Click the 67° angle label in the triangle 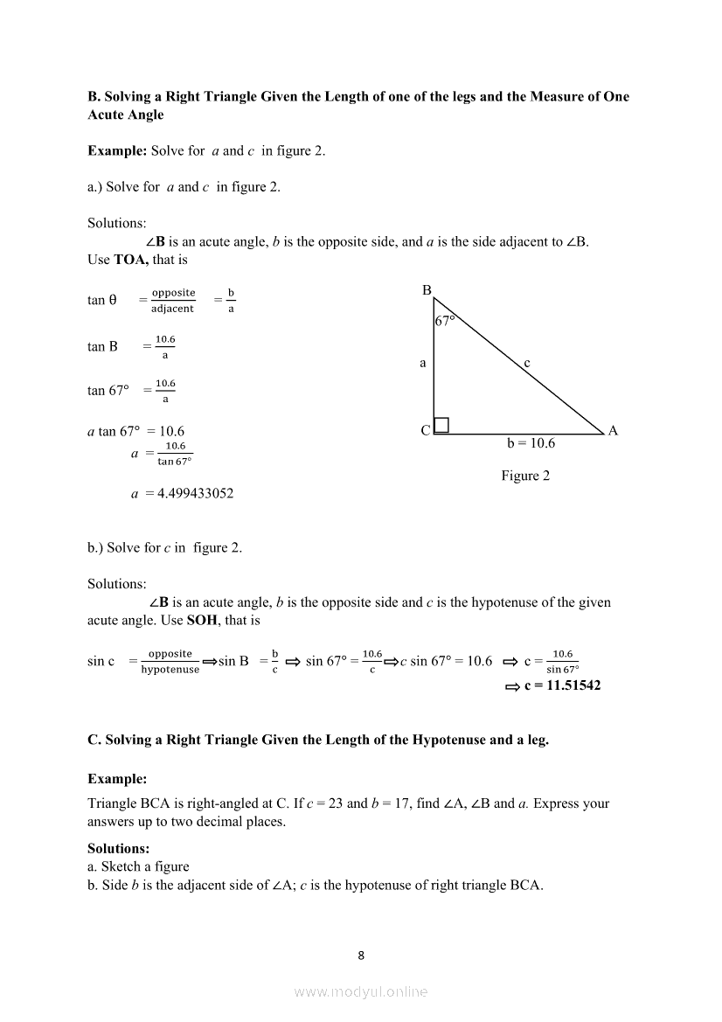coord(445,321)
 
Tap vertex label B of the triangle coord(427,290)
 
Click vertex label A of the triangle coord(613,430)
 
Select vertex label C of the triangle coord(425,430)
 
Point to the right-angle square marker coord(441,425)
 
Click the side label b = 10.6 coord(531,443)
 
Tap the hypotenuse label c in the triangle coord(527,362)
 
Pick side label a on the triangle coord(423,362)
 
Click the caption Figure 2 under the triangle coord(525,476)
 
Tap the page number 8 coord(361,955)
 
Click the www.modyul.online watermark coord(361,991)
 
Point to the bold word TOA coord(131,259)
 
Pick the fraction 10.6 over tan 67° coord(175,454)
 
